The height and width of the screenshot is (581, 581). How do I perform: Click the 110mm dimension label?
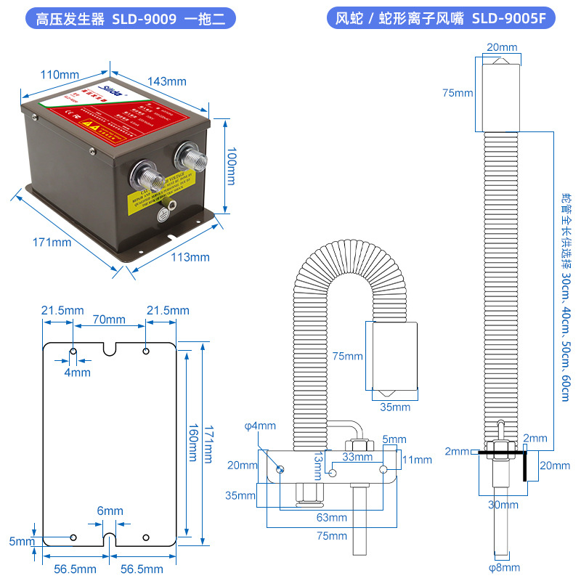(60, 75)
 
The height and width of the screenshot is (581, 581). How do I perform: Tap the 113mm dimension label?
(190, 256)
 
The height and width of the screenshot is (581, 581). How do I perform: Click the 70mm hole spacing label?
(109, 320)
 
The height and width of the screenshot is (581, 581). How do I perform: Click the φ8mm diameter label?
(503, 568)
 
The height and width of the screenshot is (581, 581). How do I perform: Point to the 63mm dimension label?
(331, 517)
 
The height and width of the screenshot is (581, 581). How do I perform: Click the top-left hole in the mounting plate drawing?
(73, 352)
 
